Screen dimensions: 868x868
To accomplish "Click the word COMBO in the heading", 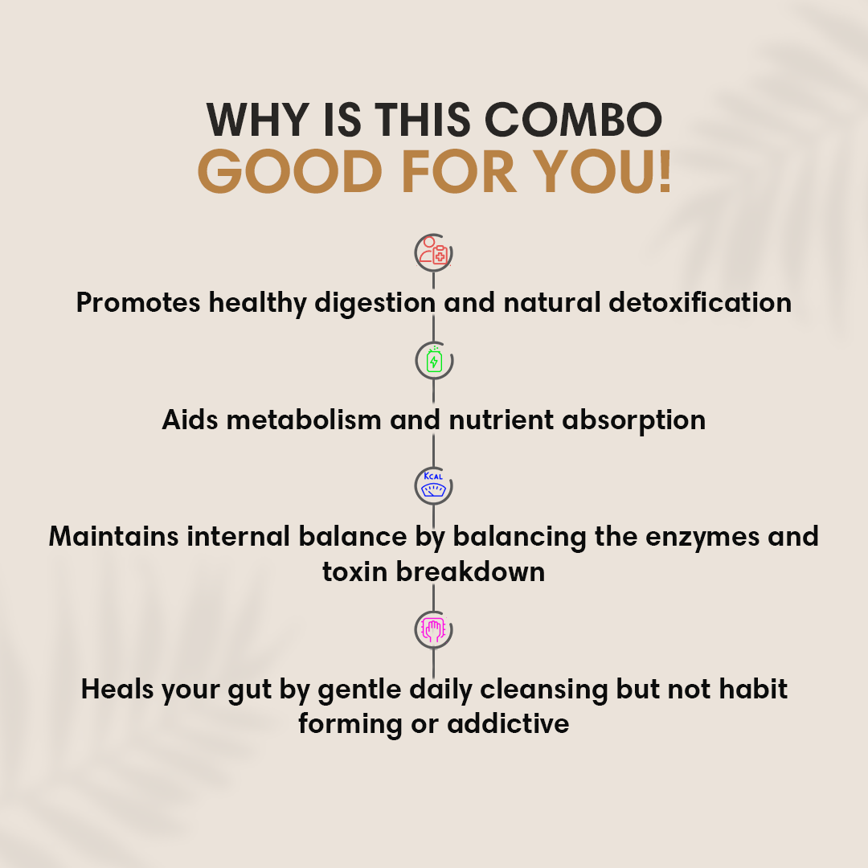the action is [x=573, y=120].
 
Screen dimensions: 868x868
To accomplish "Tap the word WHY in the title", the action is [x=257, y=120].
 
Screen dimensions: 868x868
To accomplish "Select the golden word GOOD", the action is [x=289, y=172].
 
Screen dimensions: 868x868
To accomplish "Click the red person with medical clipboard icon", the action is [x=433, y=252].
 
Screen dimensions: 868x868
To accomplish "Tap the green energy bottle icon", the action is [x=434, y=360].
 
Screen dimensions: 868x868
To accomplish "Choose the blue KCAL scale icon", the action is [x=433, y=485].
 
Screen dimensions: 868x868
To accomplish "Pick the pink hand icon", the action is [x=433, y=629].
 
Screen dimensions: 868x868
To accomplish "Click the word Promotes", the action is [x=138, y=303].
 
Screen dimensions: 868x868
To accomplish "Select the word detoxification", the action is [x=700, y=303].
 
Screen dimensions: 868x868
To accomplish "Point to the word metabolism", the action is [x=304, y=420].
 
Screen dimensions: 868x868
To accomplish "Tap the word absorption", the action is [x=634, y=420].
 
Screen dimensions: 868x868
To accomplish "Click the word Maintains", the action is [x=114, y=536].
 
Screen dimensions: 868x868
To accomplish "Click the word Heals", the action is [x=117, y=690].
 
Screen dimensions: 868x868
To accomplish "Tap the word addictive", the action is [x=508, y=723].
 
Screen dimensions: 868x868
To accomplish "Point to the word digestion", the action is [x=375, y=304].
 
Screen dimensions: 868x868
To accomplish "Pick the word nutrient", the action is [x=501, y=420].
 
